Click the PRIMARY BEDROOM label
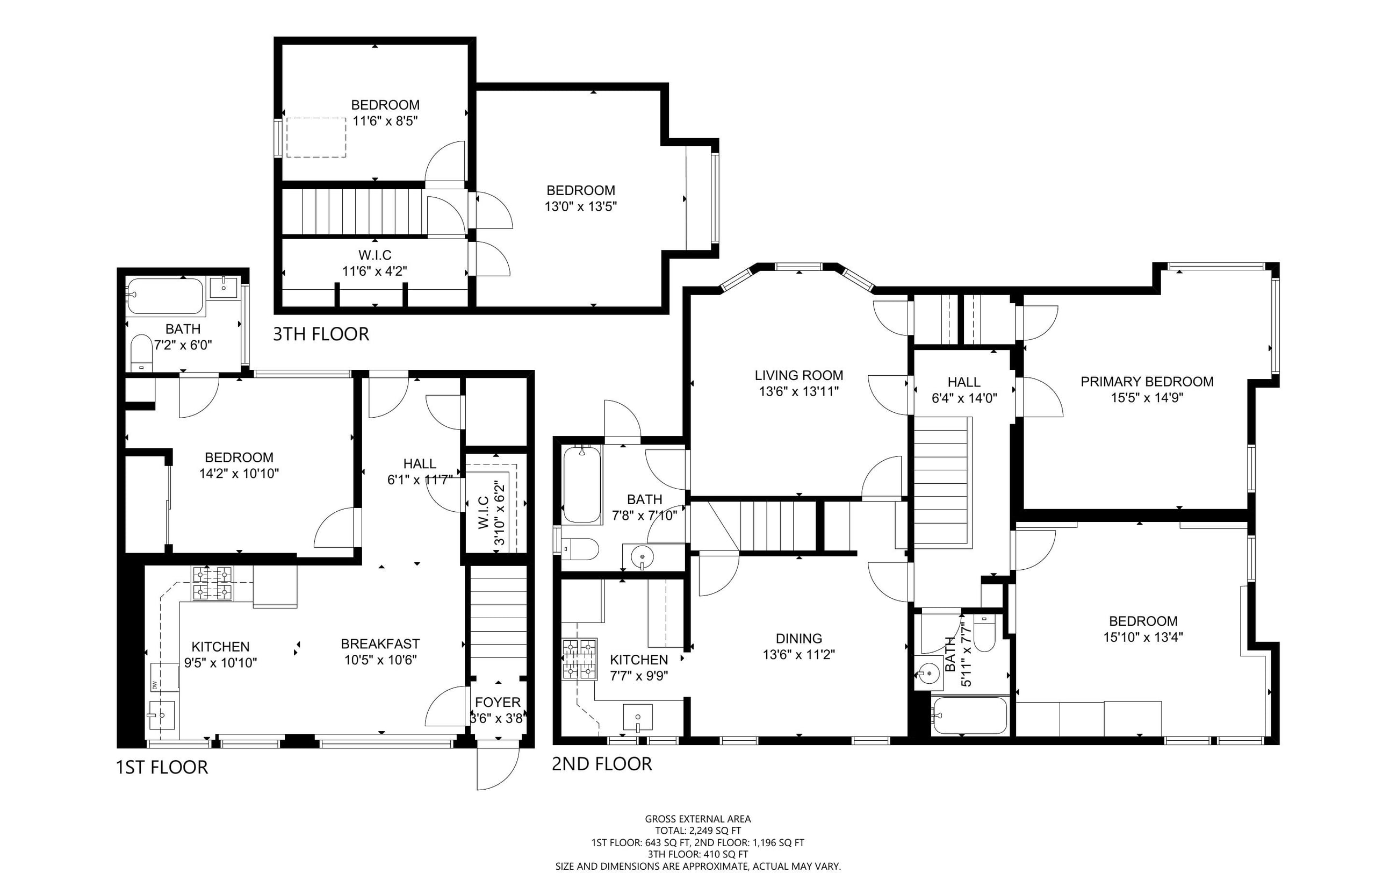tap(1147, 382)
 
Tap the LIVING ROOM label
tap(798, 375)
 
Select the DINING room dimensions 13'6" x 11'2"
tap(798, 654)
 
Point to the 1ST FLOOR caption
tap(162, 767)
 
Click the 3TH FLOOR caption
tap(321, 334)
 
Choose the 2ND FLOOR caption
tap(602, 764)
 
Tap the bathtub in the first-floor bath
tap(165, 296)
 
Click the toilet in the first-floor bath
tap(141, 353)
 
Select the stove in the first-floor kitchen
tap(212, 584)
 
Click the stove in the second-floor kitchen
tap(579, 659)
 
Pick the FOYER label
tap(498, 702)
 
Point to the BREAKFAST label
tap(380, 644)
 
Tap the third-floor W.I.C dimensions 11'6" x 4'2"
tap(375, 271)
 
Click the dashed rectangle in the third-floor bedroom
tap(316, 138)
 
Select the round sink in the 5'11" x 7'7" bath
tap(928, 673)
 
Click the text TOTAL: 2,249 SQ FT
tap(697, 831)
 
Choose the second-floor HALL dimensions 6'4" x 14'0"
tap(964, 398)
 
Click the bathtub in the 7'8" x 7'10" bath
tap(582, 484)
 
